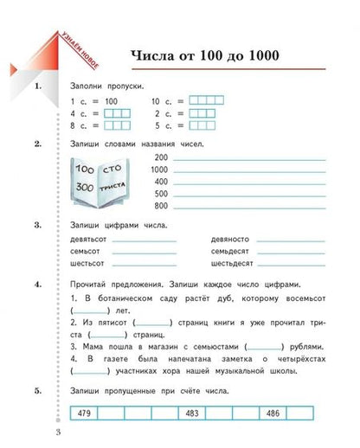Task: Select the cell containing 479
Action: click(x=84, y=413)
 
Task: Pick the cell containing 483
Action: click(x=190, y=413)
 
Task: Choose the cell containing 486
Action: click(x=271, y=413)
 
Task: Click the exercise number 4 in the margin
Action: click(x=38, y=284)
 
